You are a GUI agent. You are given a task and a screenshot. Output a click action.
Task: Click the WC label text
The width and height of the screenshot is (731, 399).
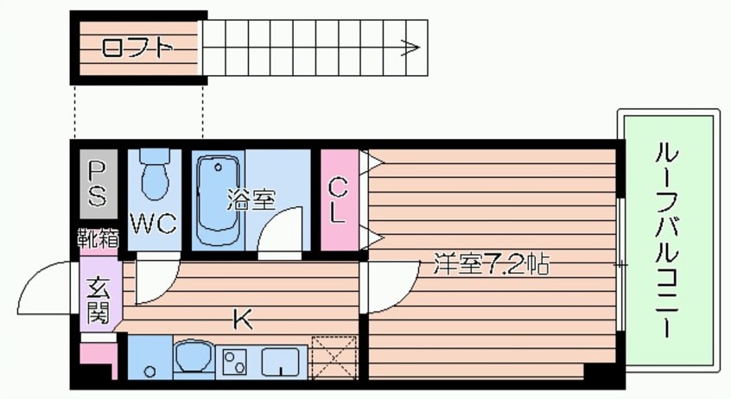[154, 225]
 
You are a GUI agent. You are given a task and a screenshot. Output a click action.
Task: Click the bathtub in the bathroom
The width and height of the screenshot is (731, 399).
[216, 200]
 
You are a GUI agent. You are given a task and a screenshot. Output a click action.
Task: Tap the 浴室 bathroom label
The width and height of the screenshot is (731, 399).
[251, 200]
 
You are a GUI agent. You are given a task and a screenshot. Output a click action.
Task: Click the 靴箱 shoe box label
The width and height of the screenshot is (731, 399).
[97, 238]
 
